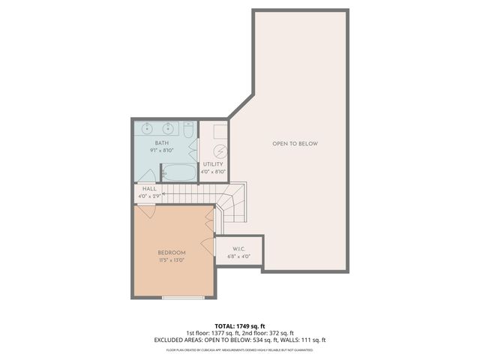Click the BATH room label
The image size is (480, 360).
click(162, 142)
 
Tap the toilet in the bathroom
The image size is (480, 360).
click(190, 132)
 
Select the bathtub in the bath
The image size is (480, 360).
click(179, 172)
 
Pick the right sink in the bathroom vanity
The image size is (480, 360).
click(169, 127)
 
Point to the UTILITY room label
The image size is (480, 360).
click(214, 164)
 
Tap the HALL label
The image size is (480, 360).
click(149, 188)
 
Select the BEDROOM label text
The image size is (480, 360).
click(172, 253)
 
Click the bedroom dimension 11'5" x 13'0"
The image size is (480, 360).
click(172, 260)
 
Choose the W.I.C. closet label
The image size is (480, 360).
click(239, 249)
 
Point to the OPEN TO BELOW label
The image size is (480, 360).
click(295, 143)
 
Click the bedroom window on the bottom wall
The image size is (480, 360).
click(183, 298)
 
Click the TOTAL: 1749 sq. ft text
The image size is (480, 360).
click(239, 326)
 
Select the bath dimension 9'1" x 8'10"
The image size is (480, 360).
click(162, 150)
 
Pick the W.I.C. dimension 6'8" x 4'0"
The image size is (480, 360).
click(239, 256)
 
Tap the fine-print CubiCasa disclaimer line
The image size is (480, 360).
click(239, 349)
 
